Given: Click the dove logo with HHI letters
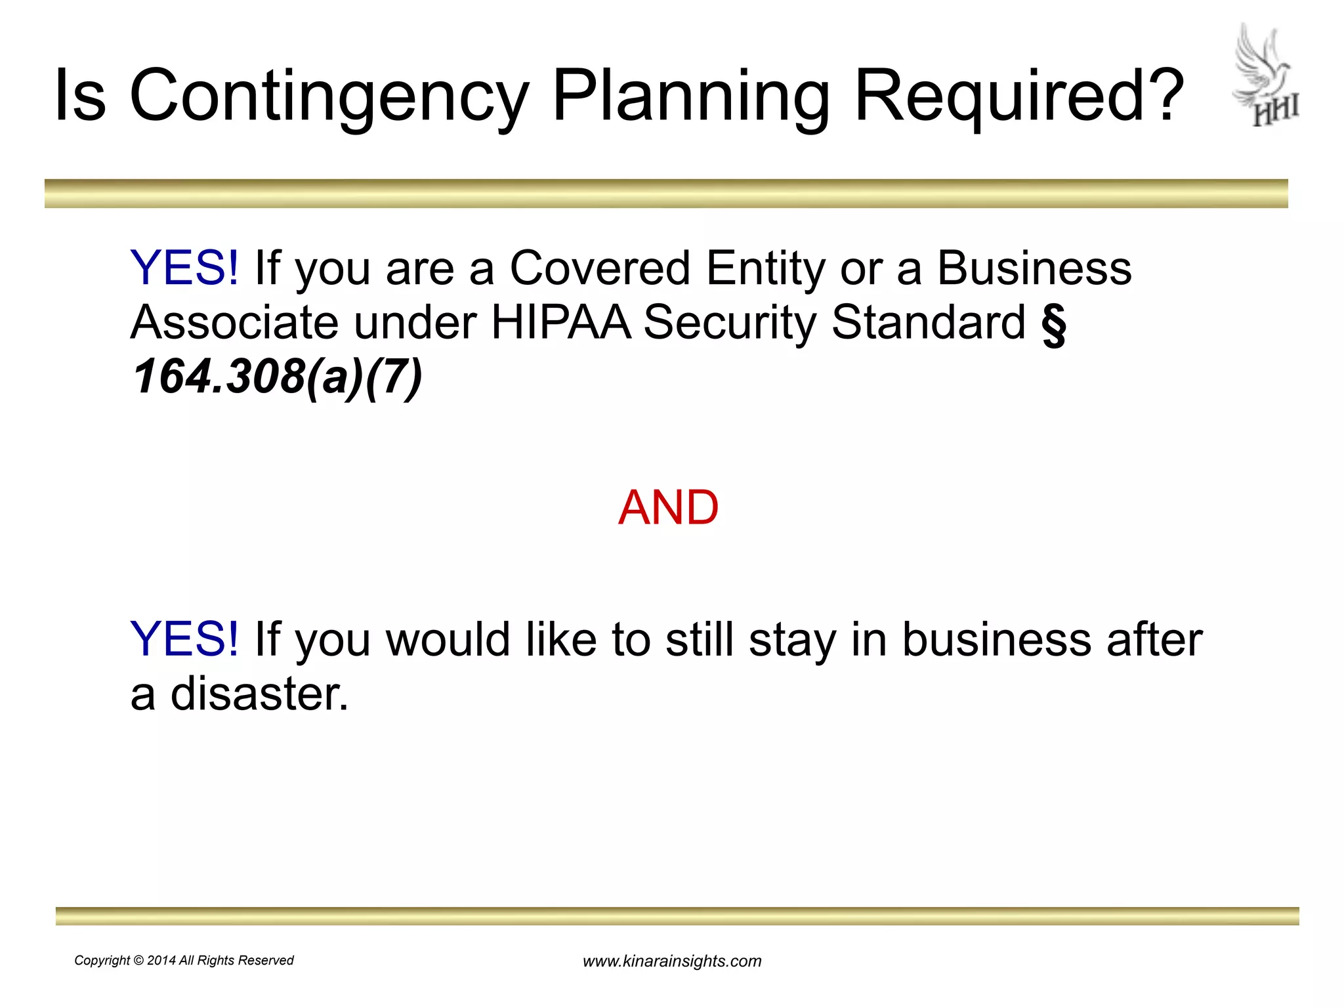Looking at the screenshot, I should [x=1265, y=75].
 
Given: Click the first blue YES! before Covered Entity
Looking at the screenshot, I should [x=184, y=268].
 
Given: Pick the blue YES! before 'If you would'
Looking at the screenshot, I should [x=184, y=639].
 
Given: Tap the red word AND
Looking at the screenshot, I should [x=668, y=508].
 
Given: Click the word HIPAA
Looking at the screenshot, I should [x=560, y=322].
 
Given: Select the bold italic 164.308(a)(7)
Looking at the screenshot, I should [x=276, y=377].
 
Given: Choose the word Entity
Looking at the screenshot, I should [x=765, y=268].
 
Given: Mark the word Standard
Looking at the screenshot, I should [x=928, y=322].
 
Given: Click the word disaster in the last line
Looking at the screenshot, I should [x=259, y=694].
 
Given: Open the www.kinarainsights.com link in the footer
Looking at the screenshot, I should [x=672, y=961].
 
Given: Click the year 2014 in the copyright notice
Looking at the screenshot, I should [x=161, y=961].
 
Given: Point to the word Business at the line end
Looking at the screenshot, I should [x=1034, y=268].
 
